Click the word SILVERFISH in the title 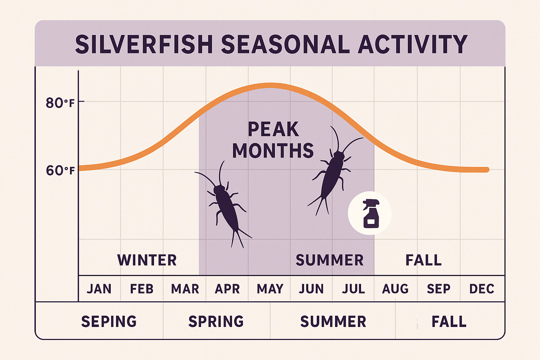[x=144, y=45]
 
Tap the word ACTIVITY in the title [x=412, y=45]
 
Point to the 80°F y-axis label [x=60, y=103]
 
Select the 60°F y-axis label [x=60, y=171]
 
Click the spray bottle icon [x=369, y=213]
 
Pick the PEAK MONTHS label [x=273, y=140]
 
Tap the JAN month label [x=99, y=289]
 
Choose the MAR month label [x=185, y=289]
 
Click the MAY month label [x=270, y=289]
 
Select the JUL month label [x=353, y=289]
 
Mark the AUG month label [x=395, y=289]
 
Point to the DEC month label [x=482, y=289]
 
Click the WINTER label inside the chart [x=147, y=260]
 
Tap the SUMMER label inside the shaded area [x=329, y=260]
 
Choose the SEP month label [x=438, y=289]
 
